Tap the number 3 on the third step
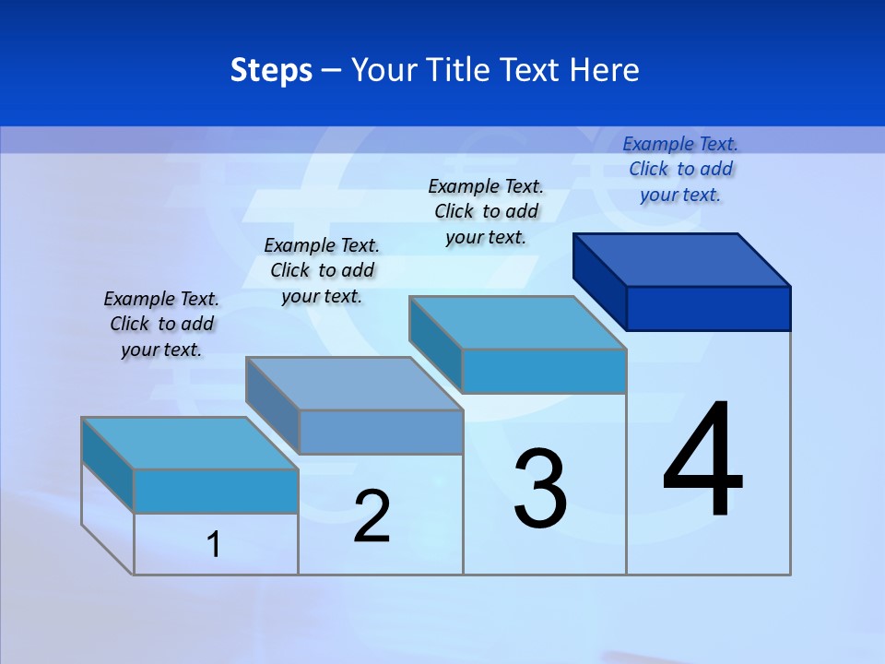point(540,489)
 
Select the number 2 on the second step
point(372,516)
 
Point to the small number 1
point(214,544)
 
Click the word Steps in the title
point(271,70)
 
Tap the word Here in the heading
point(605,70)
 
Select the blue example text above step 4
point(680,169)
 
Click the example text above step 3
point(486,211)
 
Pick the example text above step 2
point(322,270)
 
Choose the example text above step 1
point(161,324)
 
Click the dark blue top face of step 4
point(682,259)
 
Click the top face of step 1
point(190,444)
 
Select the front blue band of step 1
point(216,491)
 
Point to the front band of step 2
point(381,432)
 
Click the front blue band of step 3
point(544,371)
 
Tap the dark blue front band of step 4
point(708,308)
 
